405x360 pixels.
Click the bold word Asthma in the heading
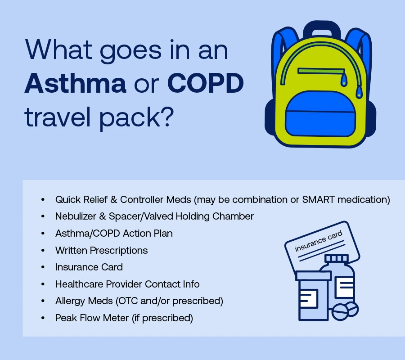coord(75,83)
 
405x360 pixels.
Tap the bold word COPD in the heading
coord(206,83)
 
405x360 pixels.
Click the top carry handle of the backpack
coord(322,29)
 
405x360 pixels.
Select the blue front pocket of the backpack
coord(320,114)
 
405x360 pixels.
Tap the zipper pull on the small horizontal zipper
coord(343,80)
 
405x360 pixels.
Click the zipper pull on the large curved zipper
coord(359,92)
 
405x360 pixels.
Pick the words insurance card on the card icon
coord(319,241)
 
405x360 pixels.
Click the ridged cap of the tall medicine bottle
coord(337,258)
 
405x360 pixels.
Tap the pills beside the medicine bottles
coord(345,312)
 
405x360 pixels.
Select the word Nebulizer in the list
coord(76,216)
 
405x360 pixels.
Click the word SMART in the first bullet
coord(319,200)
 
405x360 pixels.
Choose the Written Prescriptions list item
coord(102,251)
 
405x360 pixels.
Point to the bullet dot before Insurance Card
coord(43,267)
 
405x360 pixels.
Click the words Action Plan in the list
coord(148,234)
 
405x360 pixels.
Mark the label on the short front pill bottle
coord(309,298)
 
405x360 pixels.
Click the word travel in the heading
coord(58,117)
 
